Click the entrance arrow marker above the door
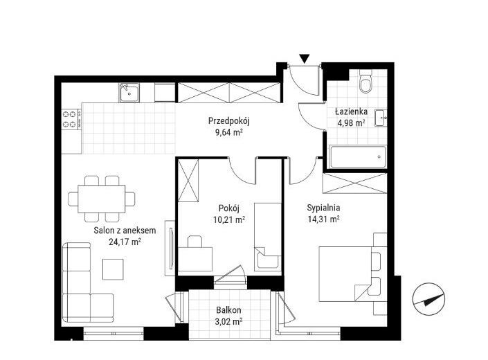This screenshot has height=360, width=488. (305, 59)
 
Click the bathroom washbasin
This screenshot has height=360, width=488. (381, 118)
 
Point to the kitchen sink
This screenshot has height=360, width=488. (129, 93)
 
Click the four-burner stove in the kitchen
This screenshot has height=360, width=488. (71, 119)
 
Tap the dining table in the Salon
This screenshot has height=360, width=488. (102, 199)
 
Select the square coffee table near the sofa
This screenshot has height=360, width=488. (114, 269)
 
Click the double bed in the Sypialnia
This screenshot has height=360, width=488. (349, 274)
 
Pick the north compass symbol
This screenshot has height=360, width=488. (428, 299)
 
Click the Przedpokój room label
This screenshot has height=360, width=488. (229, 120)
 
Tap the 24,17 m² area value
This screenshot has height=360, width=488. (125, 242)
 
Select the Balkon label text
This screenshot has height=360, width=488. (228, 310)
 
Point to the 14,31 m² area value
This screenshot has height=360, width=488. (324, 219)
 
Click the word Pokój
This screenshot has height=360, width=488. (229, 208)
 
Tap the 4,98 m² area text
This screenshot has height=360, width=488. (352, 123)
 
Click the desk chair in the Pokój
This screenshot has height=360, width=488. (195, 242)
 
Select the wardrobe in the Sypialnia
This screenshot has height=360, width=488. (355, 183)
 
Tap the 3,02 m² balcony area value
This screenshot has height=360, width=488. (228, 321)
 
